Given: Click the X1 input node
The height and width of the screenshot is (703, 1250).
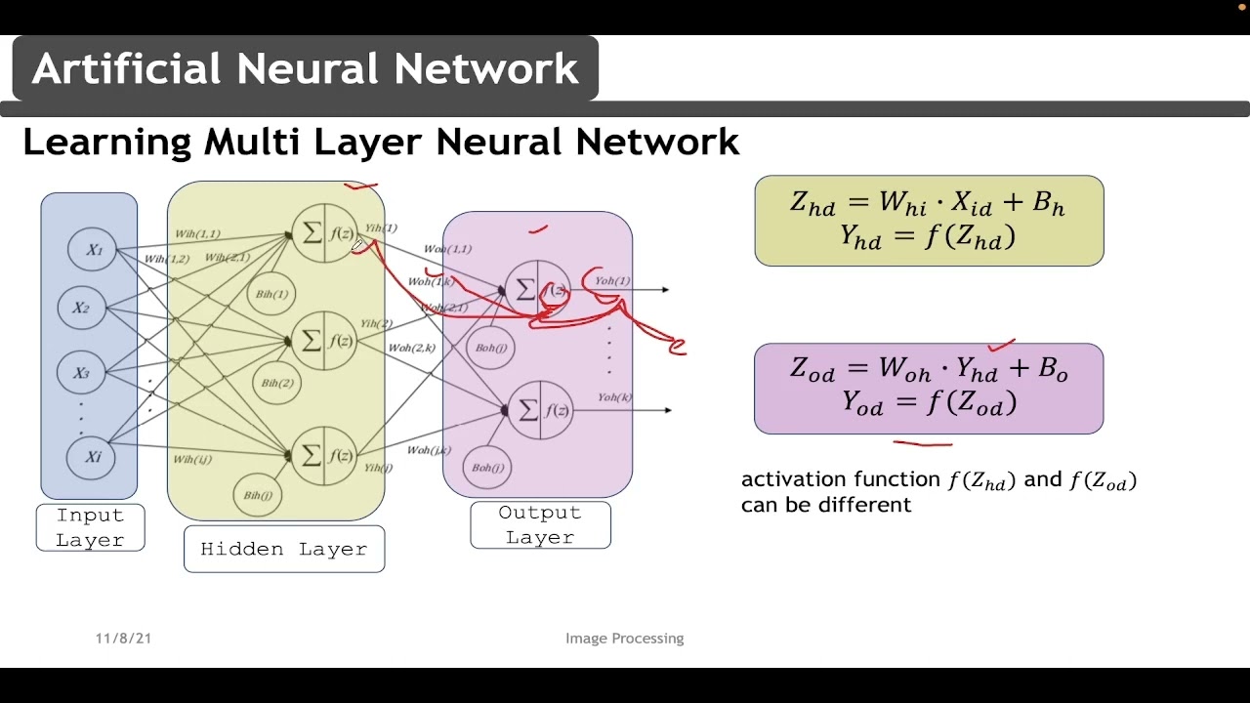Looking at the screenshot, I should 93,250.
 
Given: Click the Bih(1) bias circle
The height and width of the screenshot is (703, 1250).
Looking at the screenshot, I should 271,294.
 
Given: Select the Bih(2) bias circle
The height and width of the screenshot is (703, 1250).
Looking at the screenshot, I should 277,383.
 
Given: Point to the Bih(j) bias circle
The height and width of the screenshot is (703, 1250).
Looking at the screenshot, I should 258,495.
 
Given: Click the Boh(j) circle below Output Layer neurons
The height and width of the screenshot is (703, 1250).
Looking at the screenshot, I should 487,468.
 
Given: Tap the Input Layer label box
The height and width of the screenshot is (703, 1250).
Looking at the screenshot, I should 90,527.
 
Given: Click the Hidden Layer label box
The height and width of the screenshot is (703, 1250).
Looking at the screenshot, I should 283,549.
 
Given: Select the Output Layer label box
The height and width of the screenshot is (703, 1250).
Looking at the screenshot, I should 540,524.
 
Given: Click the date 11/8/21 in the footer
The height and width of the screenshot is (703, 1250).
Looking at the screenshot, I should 123,639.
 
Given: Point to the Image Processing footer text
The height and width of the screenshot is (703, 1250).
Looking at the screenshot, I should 624,639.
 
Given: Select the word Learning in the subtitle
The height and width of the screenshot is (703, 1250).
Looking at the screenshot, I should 106,143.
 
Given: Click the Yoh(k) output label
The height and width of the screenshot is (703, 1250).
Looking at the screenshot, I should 615,397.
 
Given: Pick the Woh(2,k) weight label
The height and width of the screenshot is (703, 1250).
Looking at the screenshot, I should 411,348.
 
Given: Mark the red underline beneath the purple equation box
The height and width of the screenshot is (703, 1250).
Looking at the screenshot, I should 923,443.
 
